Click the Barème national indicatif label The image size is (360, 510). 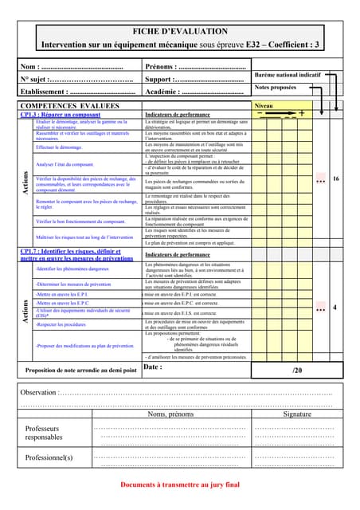point(288,74)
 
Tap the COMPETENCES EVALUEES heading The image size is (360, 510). point(69,105)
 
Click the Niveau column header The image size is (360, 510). point(263,105)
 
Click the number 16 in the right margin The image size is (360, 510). point(336,179)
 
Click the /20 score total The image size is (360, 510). point(297,371)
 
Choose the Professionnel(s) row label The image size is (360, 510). point(49,457)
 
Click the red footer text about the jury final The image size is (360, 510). point(179,484)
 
